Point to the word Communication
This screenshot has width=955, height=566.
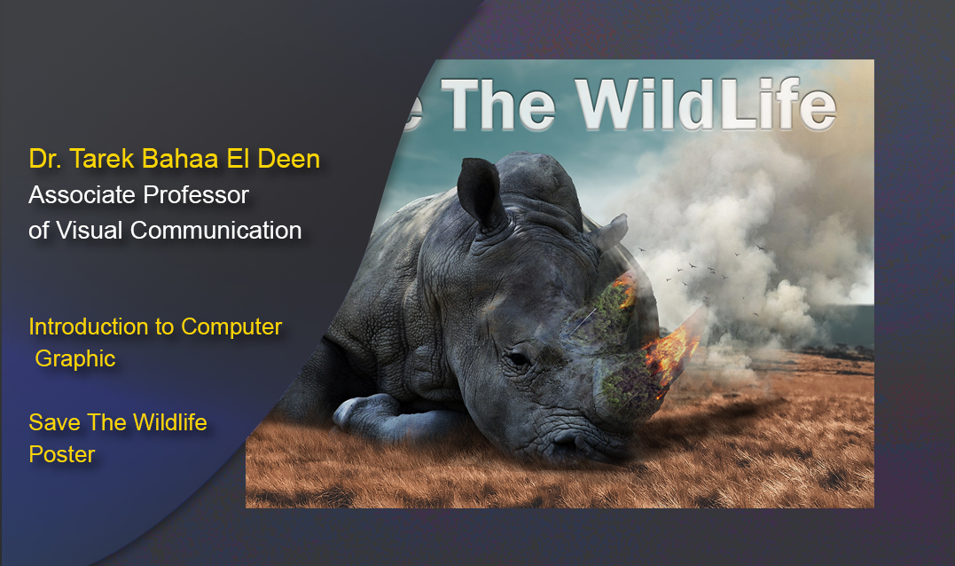216,230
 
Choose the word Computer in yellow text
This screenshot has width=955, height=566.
231,326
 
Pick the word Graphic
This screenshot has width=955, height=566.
75,359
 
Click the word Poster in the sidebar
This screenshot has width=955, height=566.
62,454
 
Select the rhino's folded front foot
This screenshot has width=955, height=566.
364,413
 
